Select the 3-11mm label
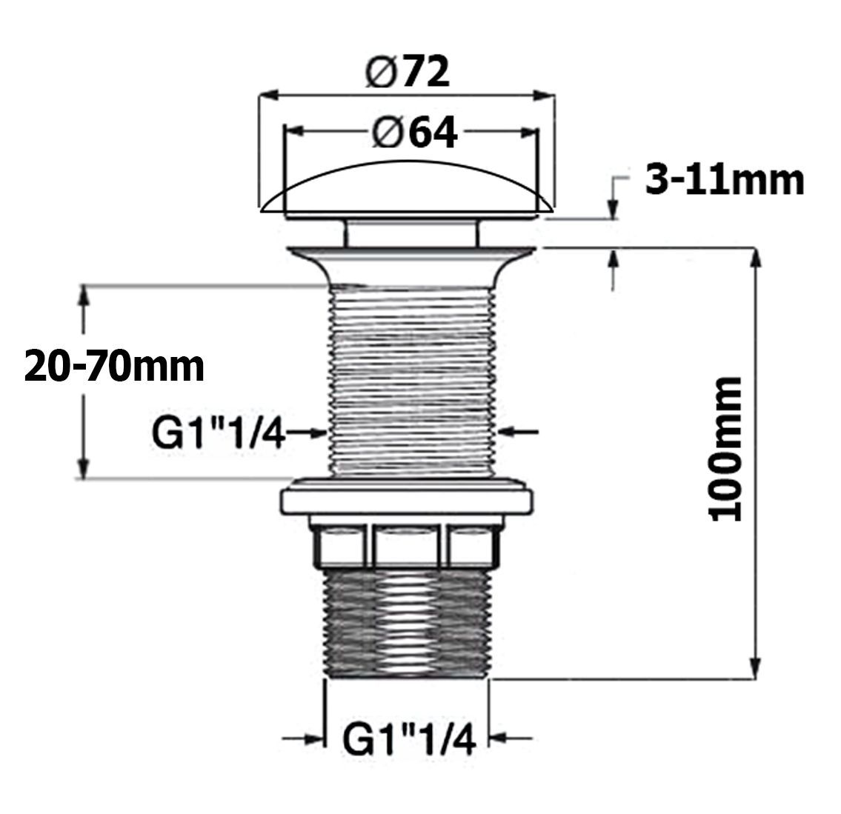click(x=724, y=180)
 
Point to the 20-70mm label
click(x=114, y=366)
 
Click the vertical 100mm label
click(x=725, y=449)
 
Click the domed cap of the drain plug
click(x=406, y=189)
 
